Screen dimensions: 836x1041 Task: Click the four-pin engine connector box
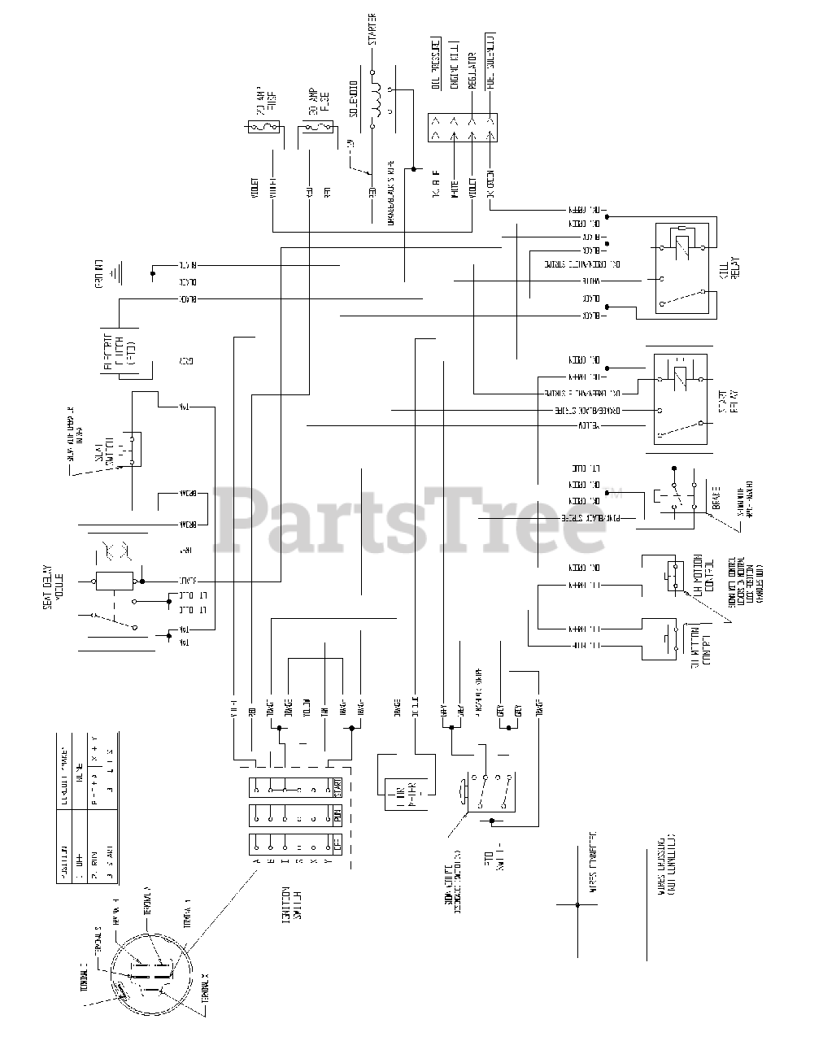pos(463,127)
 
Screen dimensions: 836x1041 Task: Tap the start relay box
pos(680,399)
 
